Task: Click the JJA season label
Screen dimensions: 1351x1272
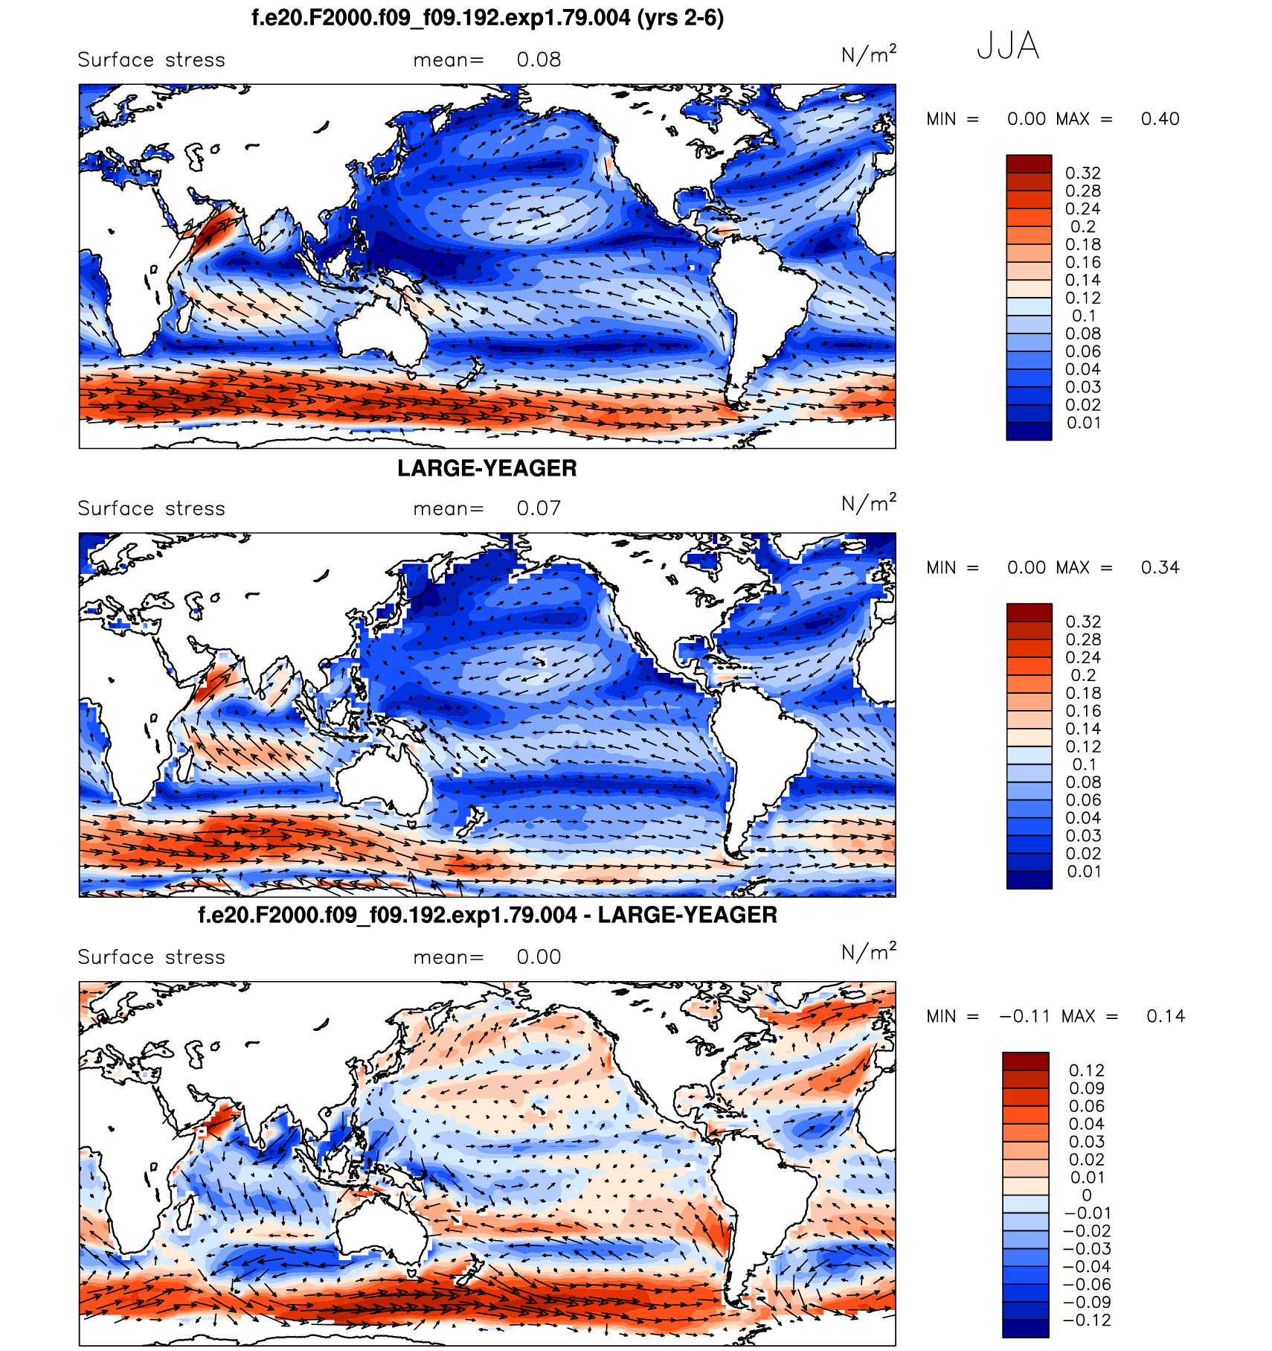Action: tap(1007, 46)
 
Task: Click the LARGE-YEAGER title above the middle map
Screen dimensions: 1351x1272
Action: tap(486, 468)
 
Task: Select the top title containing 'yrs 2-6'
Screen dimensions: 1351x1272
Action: tap(487, 18)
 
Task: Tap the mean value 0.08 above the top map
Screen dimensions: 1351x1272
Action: tap(539, 60)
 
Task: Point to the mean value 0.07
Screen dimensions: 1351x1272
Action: tap(539, 509)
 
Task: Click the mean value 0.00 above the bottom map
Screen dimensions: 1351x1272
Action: tap(539, 958)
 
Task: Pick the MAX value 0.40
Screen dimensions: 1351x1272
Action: tap(1160, 119)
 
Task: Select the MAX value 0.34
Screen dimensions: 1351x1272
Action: tap(1160, 568)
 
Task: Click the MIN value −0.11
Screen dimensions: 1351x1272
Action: tap(1024, 1017)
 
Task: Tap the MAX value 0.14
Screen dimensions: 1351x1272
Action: tap(1165, 1017)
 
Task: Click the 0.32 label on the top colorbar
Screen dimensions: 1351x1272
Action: tap(1082, 173)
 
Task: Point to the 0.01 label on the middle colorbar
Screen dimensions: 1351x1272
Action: tap(1083, 872)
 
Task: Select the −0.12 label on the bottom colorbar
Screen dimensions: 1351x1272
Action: tap(1087, 1320)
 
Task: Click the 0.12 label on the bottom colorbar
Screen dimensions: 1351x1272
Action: tap(1086, 1070)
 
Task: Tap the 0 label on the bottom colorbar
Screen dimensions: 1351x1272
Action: tap(1087, 1195)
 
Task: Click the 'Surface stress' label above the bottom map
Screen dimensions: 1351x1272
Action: tap(151, 958)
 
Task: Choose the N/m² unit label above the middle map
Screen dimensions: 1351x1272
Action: tap(868, 504)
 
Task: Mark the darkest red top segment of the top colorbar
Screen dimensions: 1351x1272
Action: tap(1029, 164)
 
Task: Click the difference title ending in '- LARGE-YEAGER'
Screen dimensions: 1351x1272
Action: tap(487, 915)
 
